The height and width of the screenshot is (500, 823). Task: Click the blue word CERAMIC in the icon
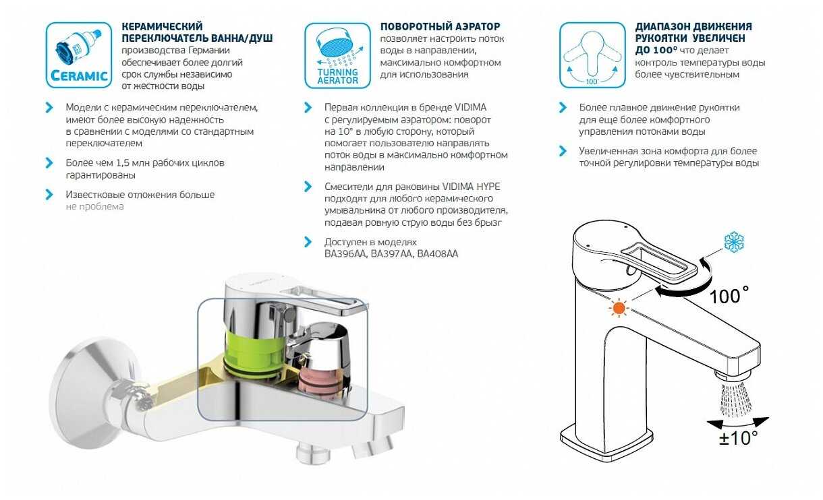[79, 76]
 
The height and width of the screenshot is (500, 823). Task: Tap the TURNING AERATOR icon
[337, 55]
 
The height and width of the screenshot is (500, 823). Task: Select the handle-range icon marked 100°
[592, 55]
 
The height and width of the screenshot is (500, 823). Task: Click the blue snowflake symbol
[734, 242]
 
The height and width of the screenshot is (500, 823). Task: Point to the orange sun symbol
[619, 308]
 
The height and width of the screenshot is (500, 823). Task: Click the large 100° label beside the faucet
[729, 296]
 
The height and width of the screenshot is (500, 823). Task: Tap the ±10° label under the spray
[738, 437]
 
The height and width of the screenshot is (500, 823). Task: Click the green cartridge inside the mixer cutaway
[254, 352]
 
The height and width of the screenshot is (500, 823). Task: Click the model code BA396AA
[345, 254]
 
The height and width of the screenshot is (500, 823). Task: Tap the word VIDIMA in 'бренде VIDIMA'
[470, 108]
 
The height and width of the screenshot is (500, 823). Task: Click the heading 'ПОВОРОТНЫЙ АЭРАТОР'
[440, 26]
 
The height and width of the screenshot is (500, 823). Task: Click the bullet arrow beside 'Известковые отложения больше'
[49, 195]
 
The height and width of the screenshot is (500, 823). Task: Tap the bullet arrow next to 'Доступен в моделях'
[308, 242]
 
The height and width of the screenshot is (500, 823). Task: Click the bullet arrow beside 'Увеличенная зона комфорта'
[563, 151]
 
